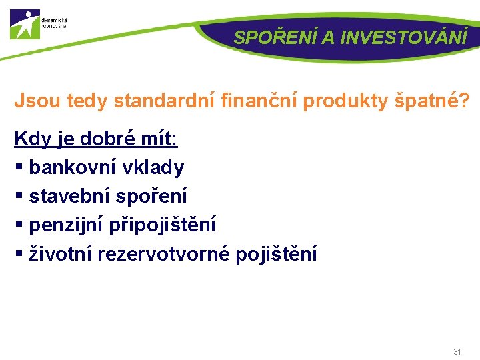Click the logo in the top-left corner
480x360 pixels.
coord(25,25)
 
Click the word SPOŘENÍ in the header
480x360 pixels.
coord(275,37)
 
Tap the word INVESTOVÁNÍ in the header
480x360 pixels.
coord(403,37)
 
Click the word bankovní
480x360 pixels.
coord(73,167)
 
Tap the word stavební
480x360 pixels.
coord(71,196)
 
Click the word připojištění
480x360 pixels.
coord(166,225)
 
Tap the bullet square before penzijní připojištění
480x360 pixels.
coord(19,225)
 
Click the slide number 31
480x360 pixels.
coord(457,351)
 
